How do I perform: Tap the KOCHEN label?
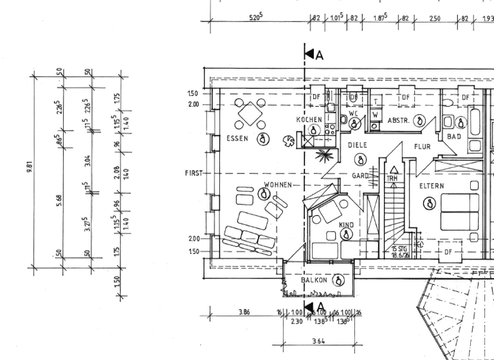[x=308, y=120]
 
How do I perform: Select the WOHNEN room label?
[x=277, y=185]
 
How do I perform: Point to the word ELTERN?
[x=432, y=186]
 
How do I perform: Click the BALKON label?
[x=315, y=280]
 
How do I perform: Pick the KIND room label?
[x=346, y=225]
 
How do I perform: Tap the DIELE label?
[x=358, y=146]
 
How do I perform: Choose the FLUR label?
[x=422, y=147]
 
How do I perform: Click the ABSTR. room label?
[x=399, y=120]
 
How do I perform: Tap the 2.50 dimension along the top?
[x=435, y=19]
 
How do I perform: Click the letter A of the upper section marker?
[x=320, y=55]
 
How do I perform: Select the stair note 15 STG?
[x=399, y=249]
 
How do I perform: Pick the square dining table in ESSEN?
[x=250, y=116]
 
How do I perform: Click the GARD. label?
[x=360, y=175]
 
